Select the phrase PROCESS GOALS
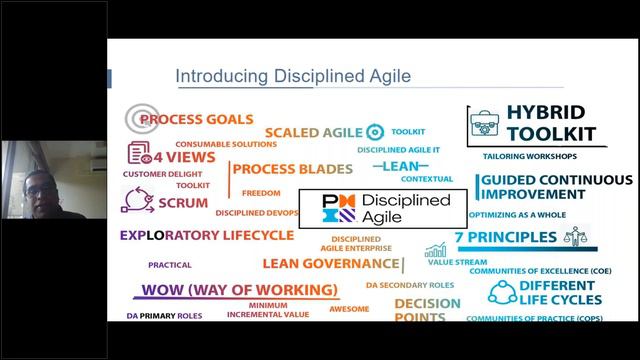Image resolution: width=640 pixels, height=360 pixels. tap(196, 119)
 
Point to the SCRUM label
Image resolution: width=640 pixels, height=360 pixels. tap(182, 202)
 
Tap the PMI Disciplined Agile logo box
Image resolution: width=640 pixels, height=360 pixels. tap(384, 207)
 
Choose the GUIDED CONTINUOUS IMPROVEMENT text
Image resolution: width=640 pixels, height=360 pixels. tap(550, 188)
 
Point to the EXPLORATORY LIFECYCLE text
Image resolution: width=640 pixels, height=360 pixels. tap(207, 236)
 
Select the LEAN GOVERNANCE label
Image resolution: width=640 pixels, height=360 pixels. tap(330, 264)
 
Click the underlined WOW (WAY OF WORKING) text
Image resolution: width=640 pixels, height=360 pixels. tap(238, 290)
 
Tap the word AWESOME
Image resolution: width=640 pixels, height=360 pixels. tap(350, 309)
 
